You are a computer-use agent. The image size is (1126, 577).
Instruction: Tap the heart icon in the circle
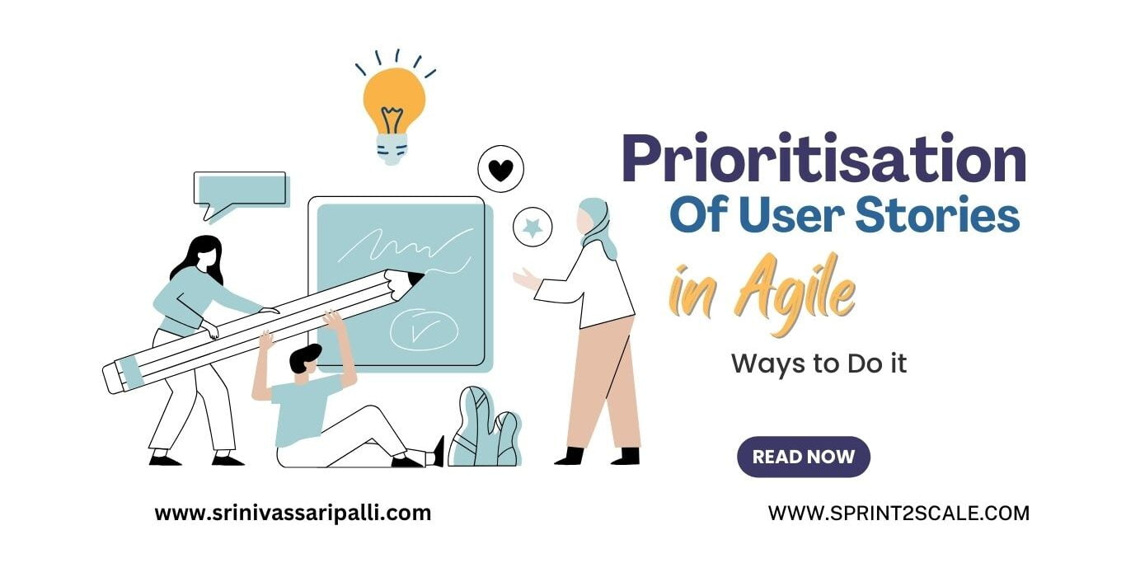(x=500, y=170)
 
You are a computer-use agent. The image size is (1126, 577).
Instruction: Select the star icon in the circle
(x=533, y=227)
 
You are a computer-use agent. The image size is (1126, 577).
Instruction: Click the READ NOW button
(x=803, y=457)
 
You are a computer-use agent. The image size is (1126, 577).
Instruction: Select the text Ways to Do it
(x=819, y=364)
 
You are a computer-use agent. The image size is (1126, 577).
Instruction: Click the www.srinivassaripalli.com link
(x=293, y=513)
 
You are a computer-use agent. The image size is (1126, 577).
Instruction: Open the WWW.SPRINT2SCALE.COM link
(x=898, y=513)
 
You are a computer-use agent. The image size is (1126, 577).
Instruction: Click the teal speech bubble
(x=239, y=190)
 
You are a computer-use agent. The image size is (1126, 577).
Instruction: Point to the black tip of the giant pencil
(x=415, y=278)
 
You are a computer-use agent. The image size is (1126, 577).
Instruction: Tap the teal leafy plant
(x=486, y=429)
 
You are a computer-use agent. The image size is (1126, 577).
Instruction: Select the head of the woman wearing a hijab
(x=592, y=219)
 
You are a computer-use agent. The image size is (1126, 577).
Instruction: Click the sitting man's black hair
(x=306, y=357)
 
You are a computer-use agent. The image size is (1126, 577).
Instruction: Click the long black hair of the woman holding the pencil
(x=199, y=256)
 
